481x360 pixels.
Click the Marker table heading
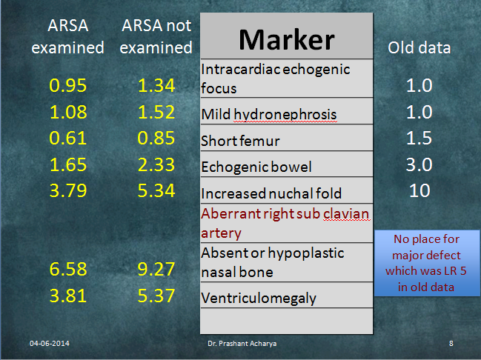click(x=287, y=39)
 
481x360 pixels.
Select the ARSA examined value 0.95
click(x=67, y=85)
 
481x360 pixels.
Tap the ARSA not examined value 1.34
click(x=156, y=85)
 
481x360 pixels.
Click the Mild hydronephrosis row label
click(x=269, y=114)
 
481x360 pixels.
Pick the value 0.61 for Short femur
click(x=67, y=138)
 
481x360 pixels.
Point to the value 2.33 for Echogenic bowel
click(x=156, y=164)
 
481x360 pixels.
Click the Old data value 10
click(x=419, y=190)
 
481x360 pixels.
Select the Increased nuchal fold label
click(x=271, y=193)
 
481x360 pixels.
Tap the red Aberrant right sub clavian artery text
click(x=285, y=223)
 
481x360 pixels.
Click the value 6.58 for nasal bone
click(x=68, y=269)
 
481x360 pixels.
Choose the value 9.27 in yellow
click(x=156, y=269)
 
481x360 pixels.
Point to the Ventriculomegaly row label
click(x=259, y=298)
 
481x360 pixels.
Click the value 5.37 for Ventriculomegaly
click(x=156, y=296)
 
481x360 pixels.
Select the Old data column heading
click(x=419, y=48)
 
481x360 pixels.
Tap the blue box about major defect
click(x=427, y=263)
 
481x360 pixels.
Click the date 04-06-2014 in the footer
click(x=50, y=344)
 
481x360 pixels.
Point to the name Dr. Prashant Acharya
click(x=242, y=344)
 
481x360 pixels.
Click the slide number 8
click(x=451, y=344)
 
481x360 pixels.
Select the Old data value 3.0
click(x=419, y=164)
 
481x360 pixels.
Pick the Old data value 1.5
click(x=419, y=138)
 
